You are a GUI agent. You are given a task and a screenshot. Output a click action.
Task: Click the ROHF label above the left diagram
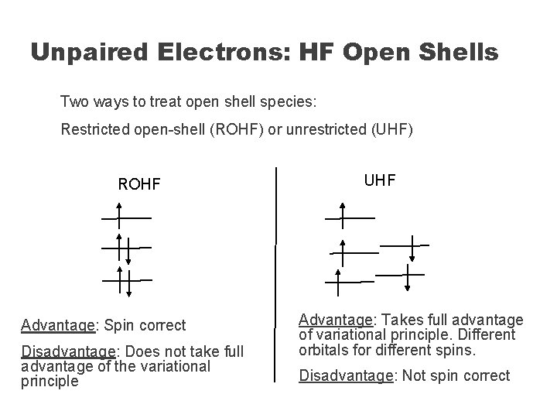[138, 184]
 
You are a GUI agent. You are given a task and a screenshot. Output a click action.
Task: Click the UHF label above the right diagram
[379, 180]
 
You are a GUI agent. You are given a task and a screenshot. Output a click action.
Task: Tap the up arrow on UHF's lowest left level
[338, 283]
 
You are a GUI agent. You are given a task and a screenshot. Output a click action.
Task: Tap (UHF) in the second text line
[389, 128]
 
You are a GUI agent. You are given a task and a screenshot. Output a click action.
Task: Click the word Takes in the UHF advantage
[404, 320]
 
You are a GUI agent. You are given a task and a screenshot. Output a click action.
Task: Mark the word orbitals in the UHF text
[323, 350]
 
